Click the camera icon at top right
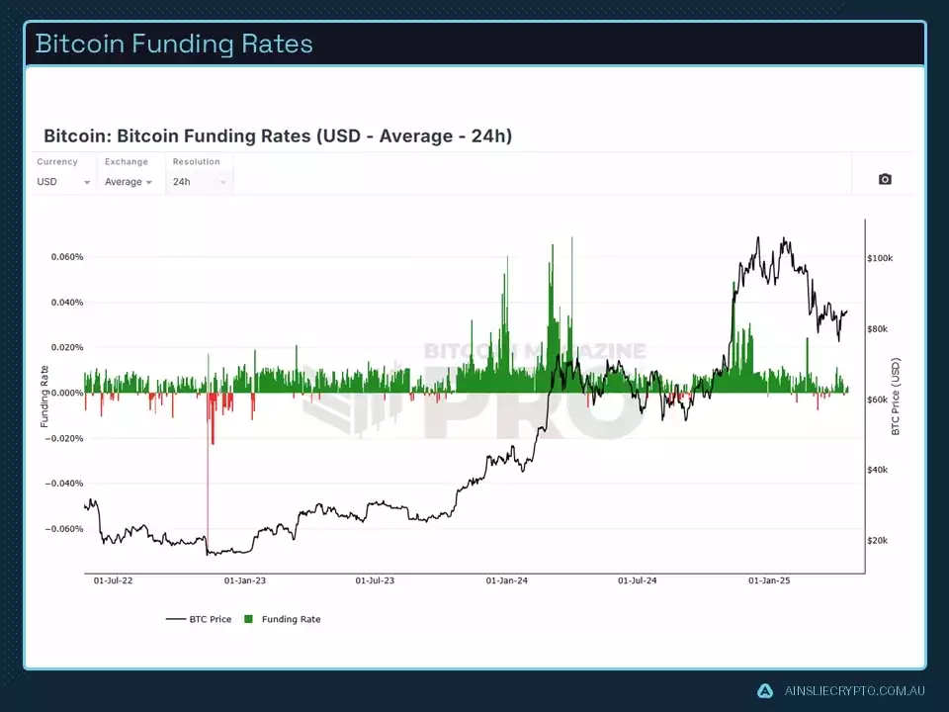coord(885,179)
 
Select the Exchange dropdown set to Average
coord(129,182)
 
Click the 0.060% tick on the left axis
coord(67,257)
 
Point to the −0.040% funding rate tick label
coord(65,484)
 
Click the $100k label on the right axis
coord(880,258)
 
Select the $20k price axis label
coord(878,541)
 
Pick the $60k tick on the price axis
coord(878,400)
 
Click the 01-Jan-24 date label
coord(508,581)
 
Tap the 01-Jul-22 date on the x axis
coord(113,581)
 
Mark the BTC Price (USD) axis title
coord(896,397)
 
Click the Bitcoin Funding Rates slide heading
coord(174,44)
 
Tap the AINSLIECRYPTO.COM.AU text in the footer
coord(853,691)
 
